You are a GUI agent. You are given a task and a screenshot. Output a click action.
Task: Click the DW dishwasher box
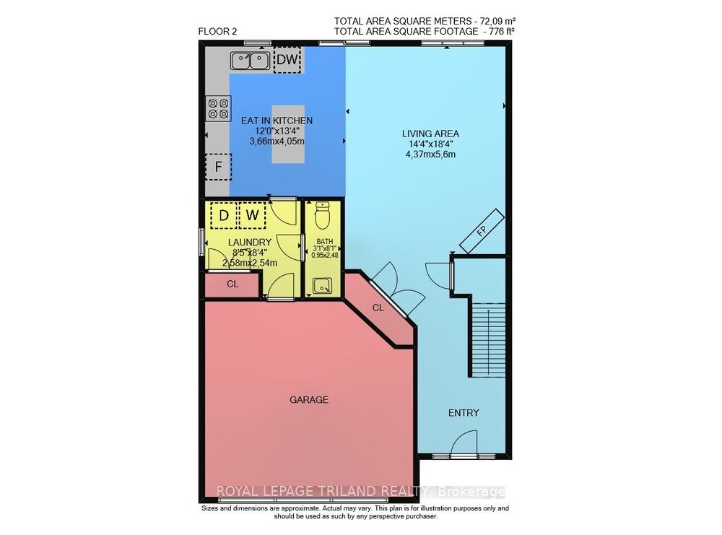click(287, 60)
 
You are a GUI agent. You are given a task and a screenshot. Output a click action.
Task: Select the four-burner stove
click(214, 108)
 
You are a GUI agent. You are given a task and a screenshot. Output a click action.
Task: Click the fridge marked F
click(217, 168)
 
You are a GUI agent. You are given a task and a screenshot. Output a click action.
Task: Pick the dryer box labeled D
click(224, 215)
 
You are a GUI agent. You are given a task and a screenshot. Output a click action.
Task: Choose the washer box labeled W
click(251, 215)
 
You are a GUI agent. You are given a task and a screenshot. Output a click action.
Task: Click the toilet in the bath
click(321, 214)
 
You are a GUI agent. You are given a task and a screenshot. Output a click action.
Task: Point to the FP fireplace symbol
click(482, 232)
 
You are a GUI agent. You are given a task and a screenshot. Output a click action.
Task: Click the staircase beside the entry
click(488, 339)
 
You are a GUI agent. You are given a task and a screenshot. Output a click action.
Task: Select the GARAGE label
click(309, 399)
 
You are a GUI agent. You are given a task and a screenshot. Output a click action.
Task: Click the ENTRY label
click(464, 413)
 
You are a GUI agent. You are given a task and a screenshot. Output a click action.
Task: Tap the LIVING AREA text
click(430, 134)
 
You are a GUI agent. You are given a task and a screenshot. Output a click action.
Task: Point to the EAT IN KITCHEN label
click(277, 121)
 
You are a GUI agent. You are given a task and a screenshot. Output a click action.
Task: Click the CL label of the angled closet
click(378, 308)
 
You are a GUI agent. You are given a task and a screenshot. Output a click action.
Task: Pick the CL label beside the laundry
click(232, 284)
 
